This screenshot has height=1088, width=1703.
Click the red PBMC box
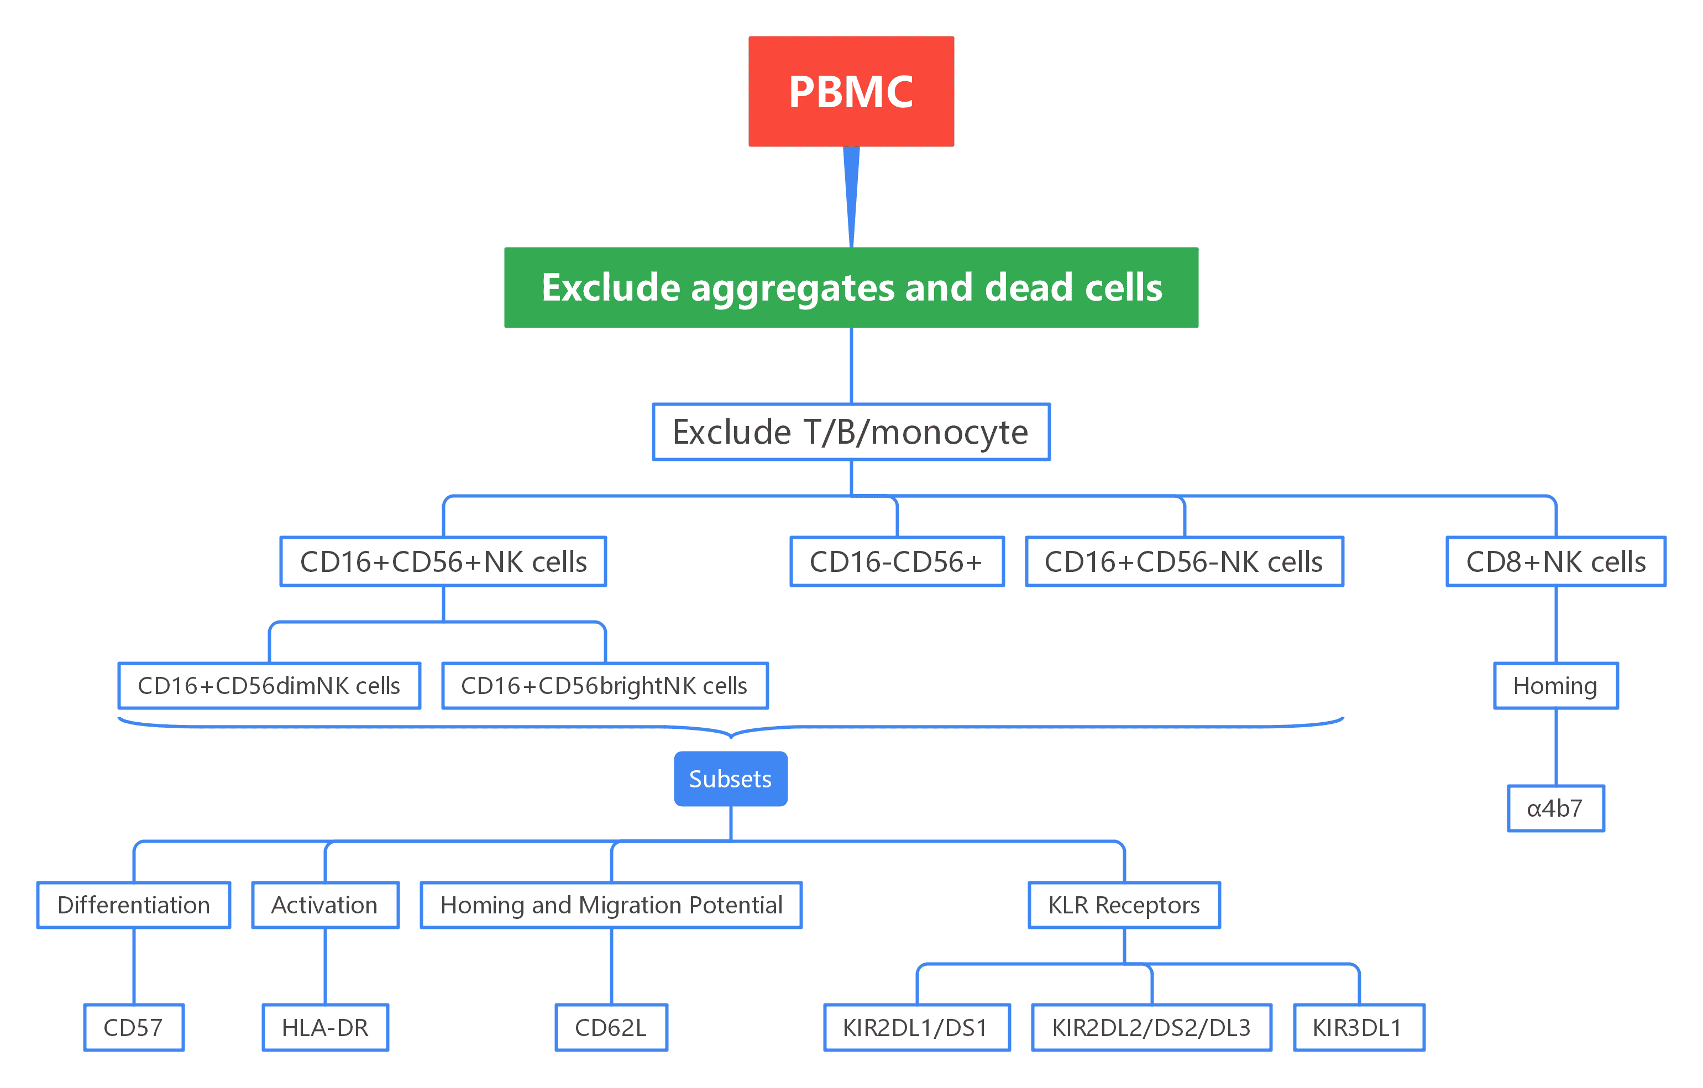[x=851, y=91]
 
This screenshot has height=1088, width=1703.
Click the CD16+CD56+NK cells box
[x=443, y=561]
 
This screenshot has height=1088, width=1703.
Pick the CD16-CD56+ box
[x=896, y=561]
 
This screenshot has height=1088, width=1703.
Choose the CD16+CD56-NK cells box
[x=1184, y=561]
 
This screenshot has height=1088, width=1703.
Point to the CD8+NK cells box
[x=1555, y=561]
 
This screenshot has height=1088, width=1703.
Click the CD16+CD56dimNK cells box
[x=269, y=685]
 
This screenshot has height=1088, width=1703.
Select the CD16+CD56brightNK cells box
[x=604, y=685]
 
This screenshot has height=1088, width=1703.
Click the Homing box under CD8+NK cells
[x=1555, y=685]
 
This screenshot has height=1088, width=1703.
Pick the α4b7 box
[x=1555, y=808]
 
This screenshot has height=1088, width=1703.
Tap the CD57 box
[x=134, y=1027]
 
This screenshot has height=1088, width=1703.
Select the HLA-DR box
[x=326, y=1027]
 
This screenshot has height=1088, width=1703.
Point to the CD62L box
[x=611, y=1027]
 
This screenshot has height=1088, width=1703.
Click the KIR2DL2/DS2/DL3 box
[x=1151, y=1027]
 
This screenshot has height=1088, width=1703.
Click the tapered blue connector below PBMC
[x=851, y=191]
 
